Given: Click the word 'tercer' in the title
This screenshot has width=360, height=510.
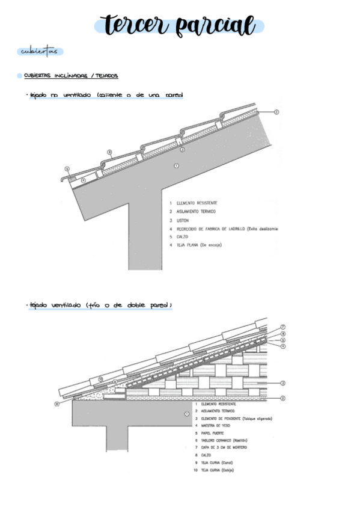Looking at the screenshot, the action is point(133,25).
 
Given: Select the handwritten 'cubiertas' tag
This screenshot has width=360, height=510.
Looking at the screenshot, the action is point(40,52).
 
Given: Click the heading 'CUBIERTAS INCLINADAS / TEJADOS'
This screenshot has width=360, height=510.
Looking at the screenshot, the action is point(70,76).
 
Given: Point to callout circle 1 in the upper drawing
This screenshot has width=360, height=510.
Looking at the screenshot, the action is point(176,165).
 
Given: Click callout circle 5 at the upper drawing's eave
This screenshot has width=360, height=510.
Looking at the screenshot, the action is point(67,169).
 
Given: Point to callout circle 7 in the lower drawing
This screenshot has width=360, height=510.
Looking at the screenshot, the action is point(282,327).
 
